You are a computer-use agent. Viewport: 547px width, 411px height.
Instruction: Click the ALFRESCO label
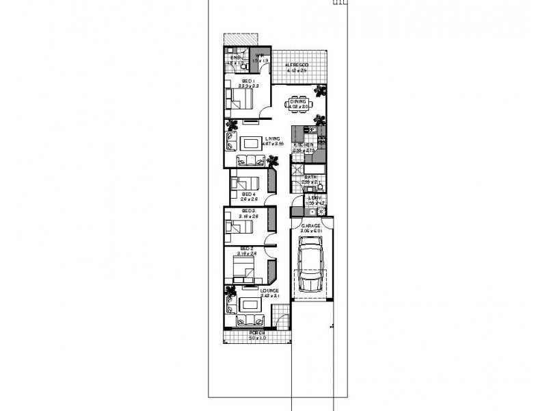pyautogui.click(x=297, y=64)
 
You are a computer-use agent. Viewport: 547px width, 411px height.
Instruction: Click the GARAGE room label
pyautogui.click(x=311, y=225)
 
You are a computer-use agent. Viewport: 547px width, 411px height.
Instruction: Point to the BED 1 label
pyautogui.click(x=248, y=81)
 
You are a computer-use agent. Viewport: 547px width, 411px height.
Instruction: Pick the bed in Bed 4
pyautogui.click(x=243, y=184)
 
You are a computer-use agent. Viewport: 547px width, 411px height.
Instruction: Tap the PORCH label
pyautogui.click(x=257, y=333)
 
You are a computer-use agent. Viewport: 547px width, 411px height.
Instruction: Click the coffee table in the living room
pyautogui.click(x=249, y=143)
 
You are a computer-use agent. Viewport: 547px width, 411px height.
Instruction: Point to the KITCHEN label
pyautogui.click(x=304, y=145)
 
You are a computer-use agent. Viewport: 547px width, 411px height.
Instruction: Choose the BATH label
pyautogui.click(x=310, y=177)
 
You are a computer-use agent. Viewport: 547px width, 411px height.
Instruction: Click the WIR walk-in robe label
pyautogui.click(x=260, y=57)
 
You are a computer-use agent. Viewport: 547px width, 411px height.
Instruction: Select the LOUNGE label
pyautogui.click(x=269, y=291)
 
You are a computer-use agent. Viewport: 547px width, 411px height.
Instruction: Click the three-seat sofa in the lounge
pyautogui.click(x=250, y=322)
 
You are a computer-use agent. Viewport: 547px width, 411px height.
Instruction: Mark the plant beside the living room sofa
pyautogui.click(x=273, y=162)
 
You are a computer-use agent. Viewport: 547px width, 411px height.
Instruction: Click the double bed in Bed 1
pyautogui.click(x=240, y=99)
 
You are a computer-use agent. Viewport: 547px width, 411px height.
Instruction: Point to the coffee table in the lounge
pyautogui.click(x=249, y=303)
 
